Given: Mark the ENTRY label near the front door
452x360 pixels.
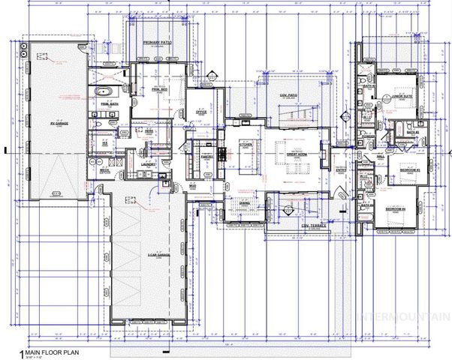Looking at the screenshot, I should coord(339,169).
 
